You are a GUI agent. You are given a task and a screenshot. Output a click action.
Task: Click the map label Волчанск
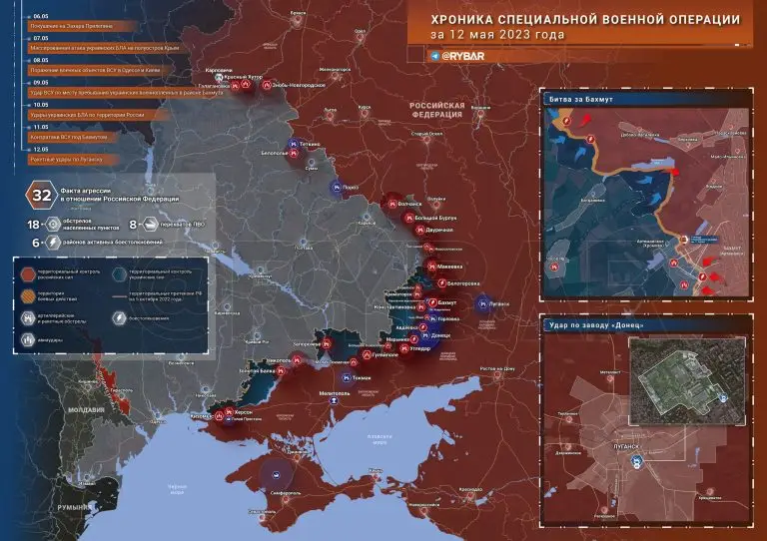pyautogui.click(x=410, y=204)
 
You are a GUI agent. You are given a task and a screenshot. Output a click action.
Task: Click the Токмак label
pyautogui.click(x=361, y=377)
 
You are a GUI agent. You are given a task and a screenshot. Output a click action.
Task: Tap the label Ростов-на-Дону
pyautogui.click(x=497, y=369)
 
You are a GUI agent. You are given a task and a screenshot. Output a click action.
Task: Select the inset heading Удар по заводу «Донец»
pyautogui.click(x=593, y=325)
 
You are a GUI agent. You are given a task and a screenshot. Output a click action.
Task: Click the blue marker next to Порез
pyautogui.click(x=336, y=186)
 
